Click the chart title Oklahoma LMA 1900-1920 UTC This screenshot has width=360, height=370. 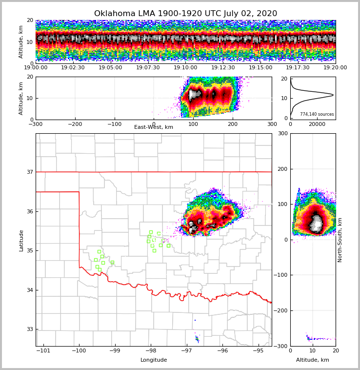[x=185, y=14]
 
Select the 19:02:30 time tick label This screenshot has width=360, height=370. [x=73, y=68]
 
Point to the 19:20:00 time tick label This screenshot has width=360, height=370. [x=335, y=68]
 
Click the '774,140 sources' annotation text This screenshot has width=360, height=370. [x=317, y=114]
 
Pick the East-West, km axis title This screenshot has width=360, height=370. [x=154, y=127]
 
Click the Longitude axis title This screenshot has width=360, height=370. [x=154, y=360]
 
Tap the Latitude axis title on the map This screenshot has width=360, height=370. [x=21, y=240]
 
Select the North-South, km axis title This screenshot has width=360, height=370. [x=340, y=240]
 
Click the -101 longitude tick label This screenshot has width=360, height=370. [x=43, y=350]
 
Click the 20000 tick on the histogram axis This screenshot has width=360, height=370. [x=317, y=124]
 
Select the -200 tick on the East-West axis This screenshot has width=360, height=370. [x=75, y=124]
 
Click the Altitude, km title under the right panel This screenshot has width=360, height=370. [x=313, y=360]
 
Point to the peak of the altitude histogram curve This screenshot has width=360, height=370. [x=333, y=95]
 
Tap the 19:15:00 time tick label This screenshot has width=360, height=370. [x=260, y=68]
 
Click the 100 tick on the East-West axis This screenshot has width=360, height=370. [x=193, y=124]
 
